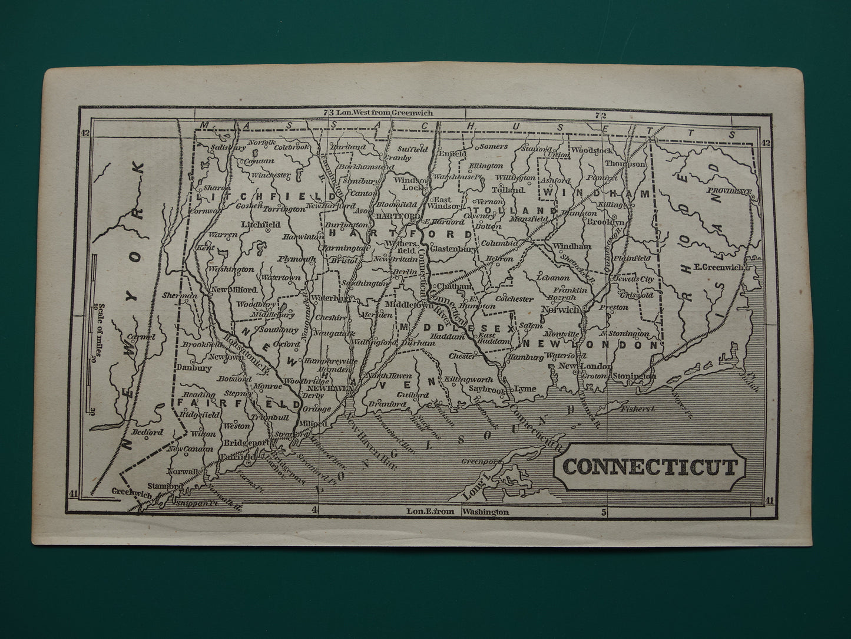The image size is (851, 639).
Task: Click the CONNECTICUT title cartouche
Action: (650, 467)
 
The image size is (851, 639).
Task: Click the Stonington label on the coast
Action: (634, 376)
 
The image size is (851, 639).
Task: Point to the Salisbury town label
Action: (228, 147)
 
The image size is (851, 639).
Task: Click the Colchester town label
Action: (514, 299)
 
